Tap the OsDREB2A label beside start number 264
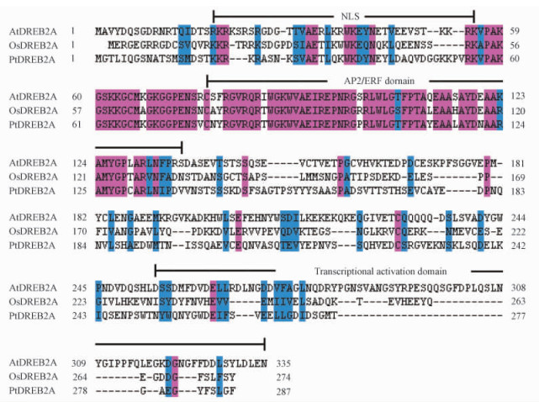point(34,375)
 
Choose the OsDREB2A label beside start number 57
point(34,108)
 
